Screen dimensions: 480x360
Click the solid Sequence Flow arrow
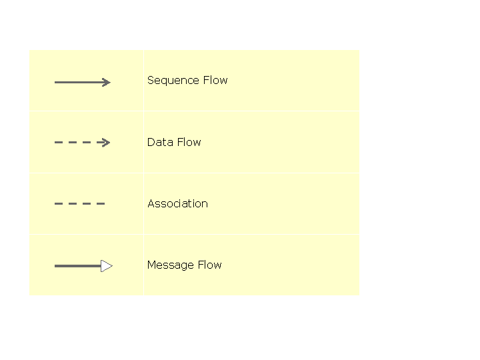click(83, 83)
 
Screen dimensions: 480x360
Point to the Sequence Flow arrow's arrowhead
click(107, 83)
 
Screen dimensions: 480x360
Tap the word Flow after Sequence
click(215, 80)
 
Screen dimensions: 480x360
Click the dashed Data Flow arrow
click(83, 143)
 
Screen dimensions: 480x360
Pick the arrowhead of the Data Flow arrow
click(104, 143)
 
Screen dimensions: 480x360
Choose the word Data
click(161, 143)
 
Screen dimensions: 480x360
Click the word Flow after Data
click(189, 143)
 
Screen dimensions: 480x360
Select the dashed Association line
click(79, 203)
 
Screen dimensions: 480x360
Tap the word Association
click(177, 203)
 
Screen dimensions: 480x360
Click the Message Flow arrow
click(83, 266)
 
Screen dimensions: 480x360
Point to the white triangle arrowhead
click(106, 266)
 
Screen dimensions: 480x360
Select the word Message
click(171, 265)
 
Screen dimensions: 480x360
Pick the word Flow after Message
click(210, 265)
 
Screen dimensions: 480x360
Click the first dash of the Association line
click(59, 203)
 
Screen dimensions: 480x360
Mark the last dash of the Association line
click(101, 203)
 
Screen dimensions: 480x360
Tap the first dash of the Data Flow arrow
click(59, 143)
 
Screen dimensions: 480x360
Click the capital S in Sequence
click(151, 80)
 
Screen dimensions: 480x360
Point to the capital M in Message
click(151, 265)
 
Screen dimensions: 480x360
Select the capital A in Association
click(151, 203)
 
